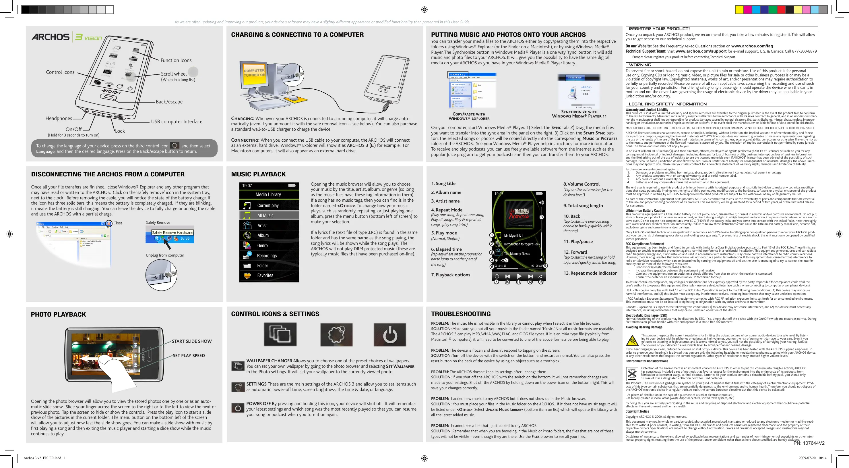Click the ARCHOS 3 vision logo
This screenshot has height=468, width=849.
click(x=67, y=37)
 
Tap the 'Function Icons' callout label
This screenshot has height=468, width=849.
click(x=176, y=60)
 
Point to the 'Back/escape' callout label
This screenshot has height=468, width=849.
click(x=169, y=102)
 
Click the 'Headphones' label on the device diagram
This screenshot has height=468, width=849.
click(x=59, y=118)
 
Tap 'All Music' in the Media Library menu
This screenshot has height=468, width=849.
click(x=265, y=215)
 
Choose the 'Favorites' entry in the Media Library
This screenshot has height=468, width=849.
click(x=265, y=276)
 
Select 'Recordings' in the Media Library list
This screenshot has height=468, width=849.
click(x=267, y=256)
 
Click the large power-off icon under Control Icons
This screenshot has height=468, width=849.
click(x=390, y=335)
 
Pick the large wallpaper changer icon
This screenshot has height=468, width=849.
click(x=280, y=335)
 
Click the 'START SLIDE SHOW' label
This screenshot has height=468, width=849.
click(x=192, y=341)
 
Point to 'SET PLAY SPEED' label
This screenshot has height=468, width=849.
click(x=189, y=356)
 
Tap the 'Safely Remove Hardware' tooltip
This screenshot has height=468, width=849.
click(x=172, y=232)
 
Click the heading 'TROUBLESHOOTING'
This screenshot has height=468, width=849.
click(x=461, y=314)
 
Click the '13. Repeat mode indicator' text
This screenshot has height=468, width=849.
click(x=590, y=273)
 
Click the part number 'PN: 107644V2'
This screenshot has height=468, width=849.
click(x=809, y=443)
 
